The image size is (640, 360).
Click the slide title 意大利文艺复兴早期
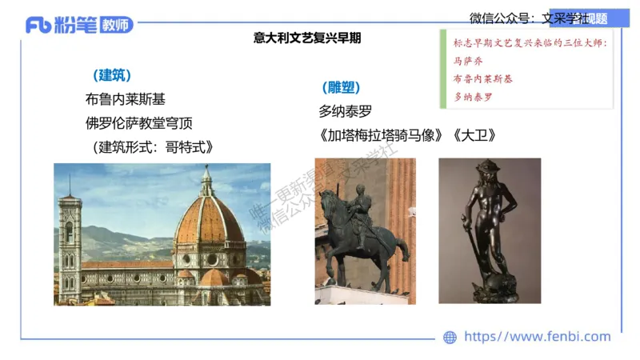(x=307, y=38)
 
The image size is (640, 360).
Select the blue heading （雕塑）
(x=340, y=88)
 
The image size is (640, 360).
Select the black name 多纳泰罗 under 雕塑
(x=346, y=112)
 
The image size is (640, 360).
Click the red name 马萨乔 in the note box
(x=468, y=61)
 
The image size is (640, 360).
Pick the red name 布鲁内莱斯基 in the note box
(x=483, y=78)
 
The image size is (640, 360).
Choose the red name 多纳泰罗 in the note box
(x=473, y=97)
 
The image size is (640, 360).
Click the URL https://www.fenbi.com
(x=537, y=337)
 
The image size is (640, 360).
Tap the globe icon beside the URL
(x=450, y=338)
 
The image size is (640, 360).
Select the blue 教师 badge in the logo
(x=117, y=25)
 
